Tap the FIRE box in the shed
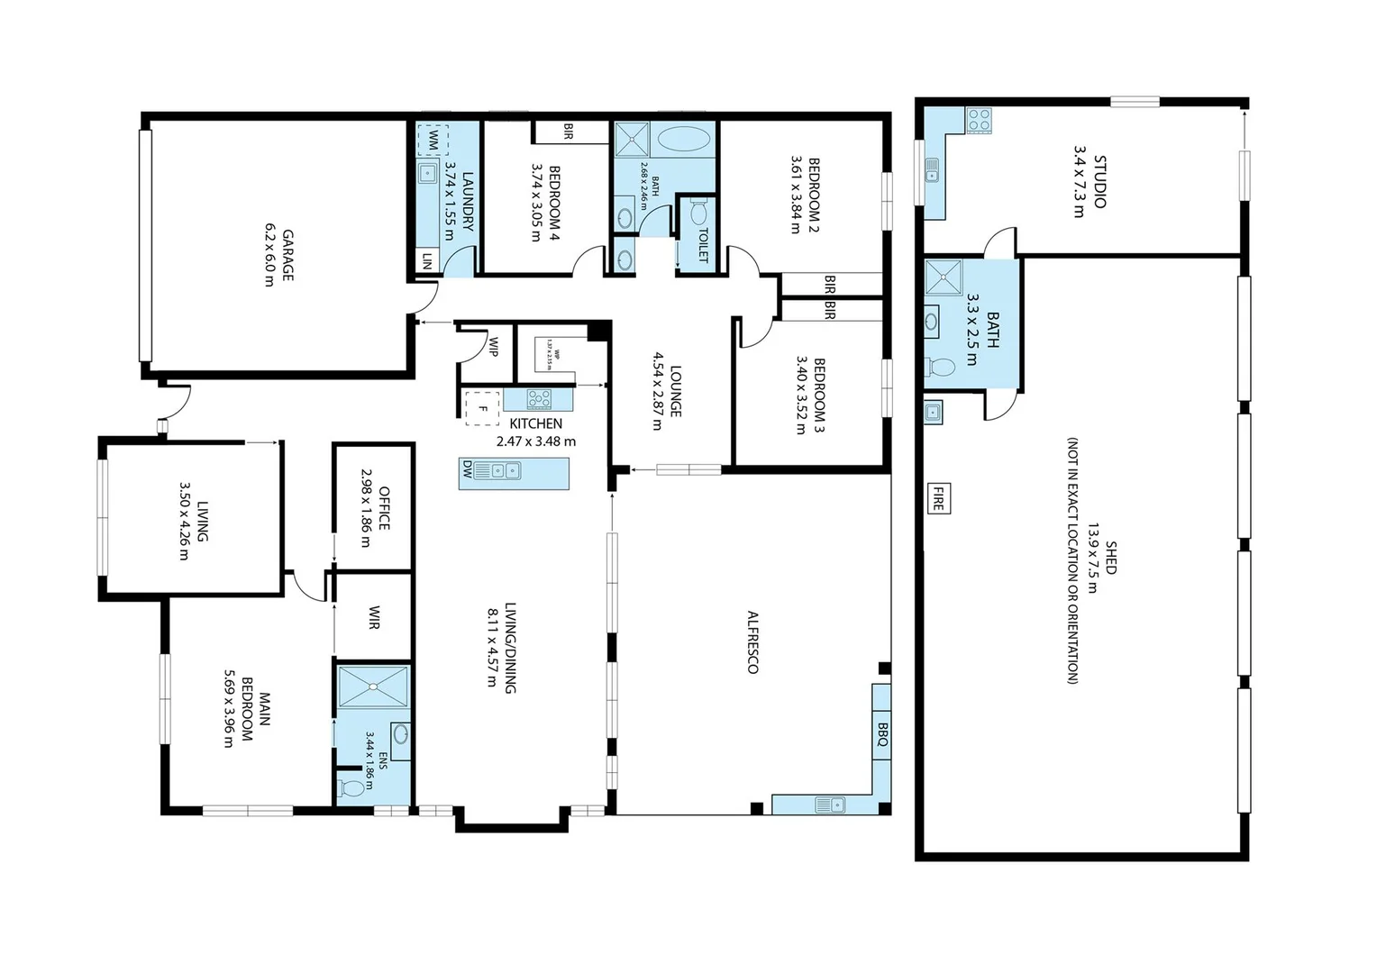(937, 498)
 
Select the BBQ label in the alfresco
(882, 734)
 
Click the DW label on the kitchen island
(467, 469)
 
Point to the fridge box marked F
(482, 408)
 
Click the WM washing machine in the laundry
(433, 140)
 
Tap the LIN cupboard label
(426, 261)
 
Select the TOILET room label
(703, 244)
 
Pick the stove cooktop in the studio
(979, 120)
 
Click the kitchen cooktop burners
(539, 399)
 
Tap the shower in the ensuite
(372, 687)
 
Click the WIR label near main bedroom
(374, 618)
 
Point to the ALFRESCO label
(752, 641)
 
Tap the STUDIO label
(1099, 182)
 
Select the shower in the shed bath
(944, 277)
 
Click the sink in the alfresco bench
(829, 804)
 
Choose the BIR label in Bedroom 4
(568, 132)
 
